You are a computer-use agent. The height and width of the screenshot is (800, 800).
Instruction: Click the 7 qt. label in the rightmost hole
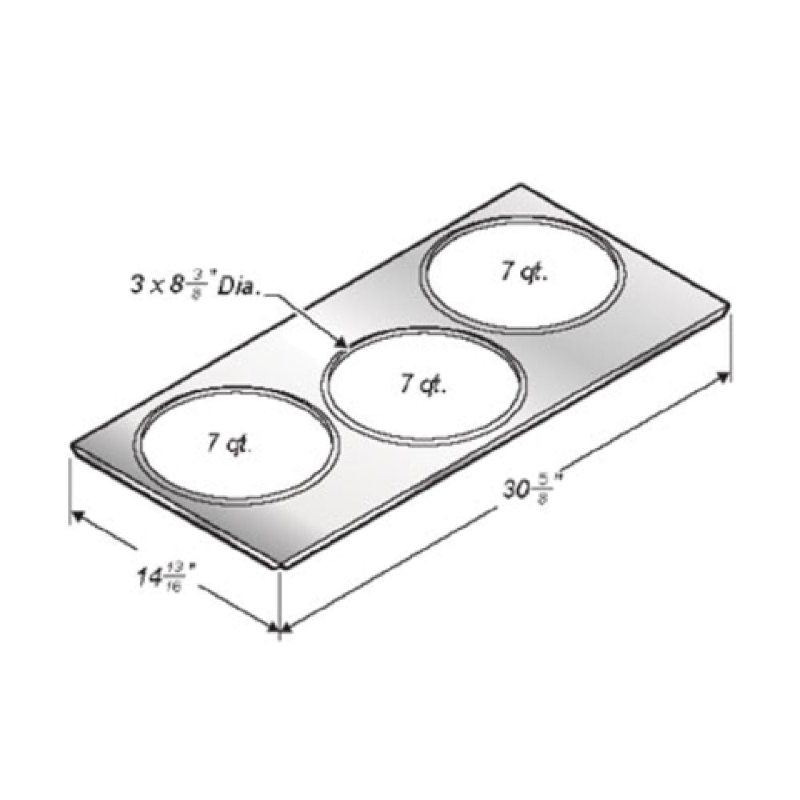click(524, 273)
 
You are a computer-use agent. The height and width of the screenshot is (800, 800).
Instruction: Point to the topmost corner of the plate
click(521, 186)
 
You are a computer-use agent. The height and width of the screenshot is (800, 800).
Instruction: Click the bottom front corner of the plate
click(279, 565)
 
